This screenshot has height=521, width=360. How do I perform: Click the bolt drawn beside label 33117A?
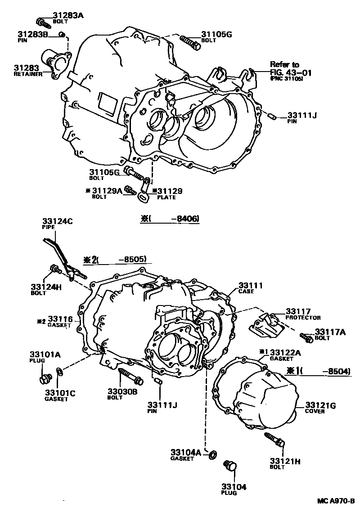(x=306, y=337)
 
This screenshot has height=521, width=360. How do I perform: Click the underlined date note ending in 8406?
(x=170, y=219)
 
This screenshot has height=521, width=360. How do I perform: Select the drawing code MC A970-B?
(x=335, y=501)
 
